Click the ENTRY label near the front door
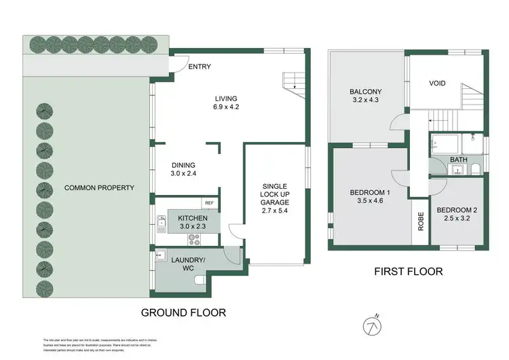tap(200, 67)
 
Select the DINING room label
tap(183, 164)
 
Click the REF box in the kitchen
tap(208, 202)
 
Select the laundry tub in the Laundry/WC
tap(162, 255)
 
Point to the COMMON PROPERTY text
tap(99, 188)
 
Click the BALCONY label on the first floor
tap(366, 92)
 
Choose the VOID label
tap(437, 84)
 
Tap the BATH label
tap(458, 160)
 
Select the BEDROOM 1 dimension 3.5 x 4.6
tap(366, 202)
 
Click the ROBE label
tap(420, 221)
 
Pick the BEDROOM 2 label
tap(457, 210)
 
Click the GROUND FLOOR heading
tap(183, 312)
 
